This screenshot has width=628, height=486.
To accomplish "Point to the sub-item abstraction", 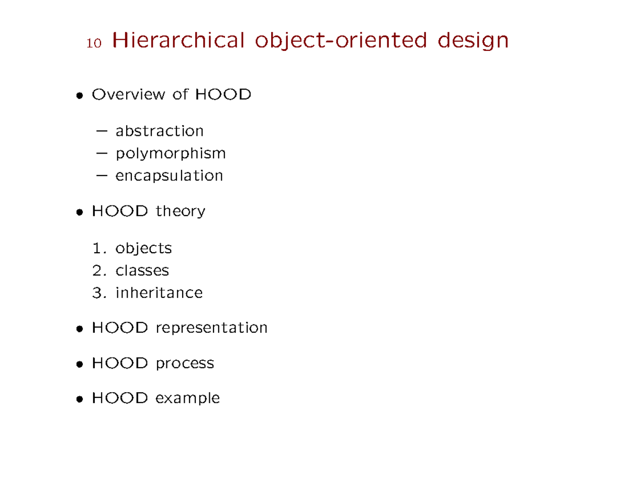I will click(x=159, y=130).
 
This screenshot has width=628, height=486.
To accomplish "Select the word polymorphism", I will click(x=171, y=154).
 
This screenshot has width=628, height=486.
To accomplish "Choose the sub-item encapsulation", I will click(x=169, y=176).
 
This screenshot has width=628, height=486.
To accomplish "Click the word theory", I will click(x=180, y=212).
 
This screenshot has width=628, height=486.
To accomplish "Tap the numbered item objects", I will click(x=143, y=248).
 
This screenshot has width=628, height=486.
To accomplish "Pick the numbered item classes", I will click(x=142, y=271).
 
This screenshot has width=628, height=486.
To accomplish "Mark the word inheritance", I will click(x=159, y=293).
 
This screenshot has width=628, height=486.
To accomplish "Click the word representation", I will click(x=211, y=329).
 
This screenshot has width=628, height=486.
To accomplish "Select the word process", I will click(x=185, y=364).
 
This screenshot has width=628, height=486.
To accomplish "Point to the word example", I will click(x=187, y=399).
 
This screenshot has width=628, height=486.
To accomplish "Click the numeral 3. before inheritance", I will click(x=98, y=293).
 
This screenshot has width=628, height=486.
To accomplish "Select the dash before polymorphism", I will click(x=103, y=154).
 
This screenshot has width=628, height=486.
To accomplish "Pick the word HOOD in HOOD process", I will click(x=119, y=363).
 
